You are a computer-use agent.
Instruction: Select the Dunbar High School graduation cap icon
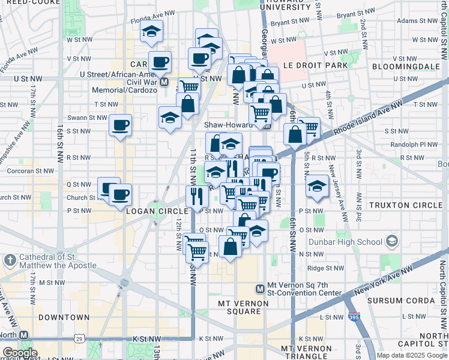click(391, 242)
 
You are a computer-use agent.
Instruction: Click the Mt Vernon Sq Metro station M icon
click(260, 289)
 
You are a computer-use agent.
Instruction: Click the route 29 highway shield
click(79, 339)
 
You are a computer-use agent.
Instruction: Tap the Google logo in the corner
click(19, 353)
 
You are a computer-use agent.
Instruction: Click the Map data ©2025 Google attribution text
click(412, 355)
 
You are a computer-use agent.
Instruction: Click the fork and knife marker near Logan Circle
click(197, 196)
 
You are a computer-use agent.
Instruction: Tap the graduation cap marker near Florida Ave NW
click(152, 31)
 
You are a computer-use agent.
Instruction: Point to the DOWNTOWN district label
click(63, 317)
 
